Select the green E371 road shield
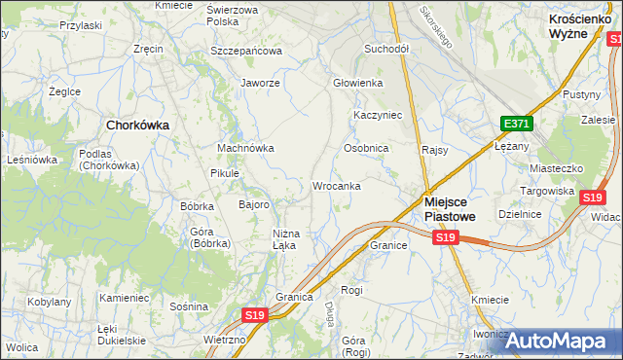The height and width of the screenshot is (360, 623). (x=516, y=124)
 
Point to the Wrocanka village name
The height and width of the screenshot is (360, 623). (x=337, y=185)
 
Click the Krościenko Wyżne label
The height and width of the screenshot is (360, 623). (x=581, y=25)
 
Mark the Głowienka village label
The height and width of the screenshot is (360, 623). (x=357, y=83)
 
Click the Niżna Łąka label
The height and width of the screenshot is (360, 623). (x=290, y=238)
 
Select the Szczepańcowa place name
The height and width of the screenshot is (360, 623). (x=245, y=51)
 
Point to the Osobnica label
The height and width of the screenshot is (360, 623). (x=366, y=148)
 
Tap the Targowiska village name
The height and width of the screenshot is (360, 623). (x=547, y=191)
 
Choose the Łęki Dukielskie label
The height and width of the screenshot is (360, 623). (x=122, y=335)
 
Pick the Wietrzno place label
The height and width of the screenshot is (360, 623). (x=225, y=341)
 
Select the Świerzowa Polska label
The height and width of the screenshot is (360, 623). (x=233, y=15)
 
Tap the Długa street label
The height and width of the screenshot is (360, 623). (x=329, y=313)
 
